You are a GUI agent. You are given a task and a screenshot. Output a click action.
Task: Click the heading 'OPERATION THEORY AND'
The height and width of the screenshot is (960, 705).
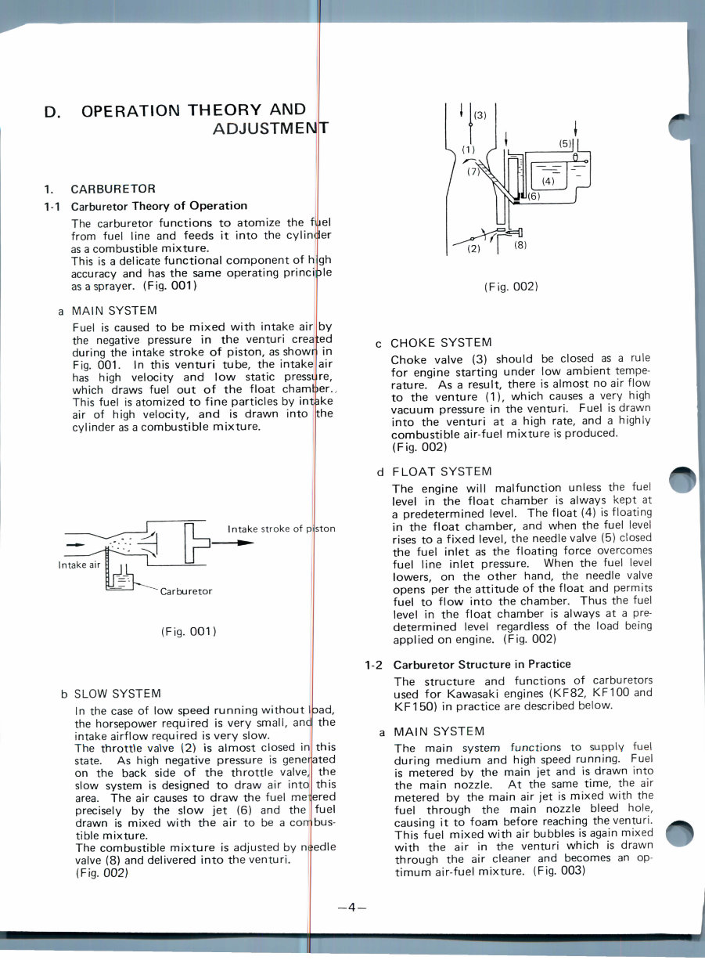point(193,110)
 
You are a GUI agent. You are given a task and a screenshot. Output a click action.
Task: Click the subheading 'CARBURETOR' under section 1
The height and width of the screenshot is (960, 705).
point(113,189)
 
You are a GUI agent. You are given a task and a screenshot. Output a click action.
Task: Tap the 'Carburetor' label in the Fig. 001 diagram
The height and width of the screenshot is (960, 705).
point(185,591)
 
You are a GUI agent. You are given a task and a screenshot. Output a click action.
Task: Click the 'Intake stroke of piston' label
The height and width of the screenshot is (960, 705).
point(281,529)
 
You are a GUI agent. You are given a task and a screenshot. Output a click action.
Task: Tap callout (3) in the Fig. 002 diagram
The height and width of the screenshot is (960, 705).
point(481,115)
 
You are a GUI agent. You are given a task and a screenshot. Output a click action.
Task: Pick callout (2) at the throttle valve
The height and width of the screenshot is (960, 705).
point(473,249)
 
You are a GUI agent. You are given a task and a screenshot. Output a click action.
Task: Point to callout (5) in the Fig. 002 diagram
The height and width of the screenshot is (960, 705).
point(565,144)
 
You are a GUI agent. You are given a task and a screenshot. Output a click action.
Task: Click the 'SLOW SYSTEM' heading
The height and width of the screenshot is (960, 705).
point(117,694)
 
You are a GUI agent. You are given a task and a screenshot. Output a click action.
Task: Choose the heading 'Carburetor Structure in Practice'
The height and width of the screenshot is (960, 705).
point(482,664)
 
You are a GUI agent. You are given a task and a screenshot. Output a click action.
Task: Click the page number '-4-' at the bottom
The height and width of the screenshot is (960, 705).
point(352,908)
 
